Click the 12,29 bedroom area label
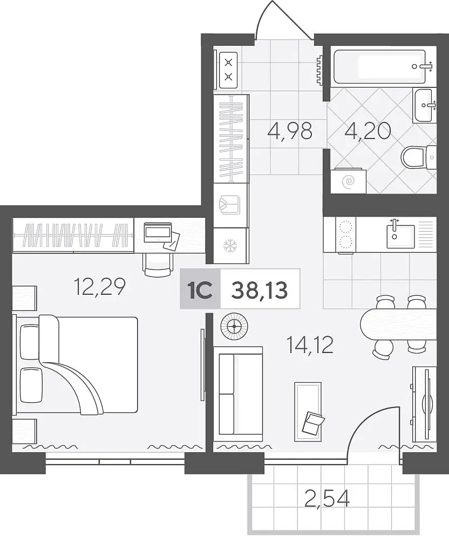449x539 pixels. [99, 287]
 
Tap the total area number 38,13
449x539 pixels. [260, 291]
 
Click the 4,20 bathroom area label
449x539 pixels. [367, 131]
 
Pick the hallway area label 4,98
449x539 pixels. [290, 130]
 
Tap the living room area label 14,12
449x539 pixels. [310, 345]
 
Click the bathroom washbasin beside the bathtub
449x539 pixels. [425, 105]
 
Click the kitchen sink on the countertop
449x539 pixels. [400, 236]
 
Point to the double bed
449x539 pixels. [75, 365]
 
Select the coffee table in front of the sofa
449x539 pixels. [308, 411]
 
